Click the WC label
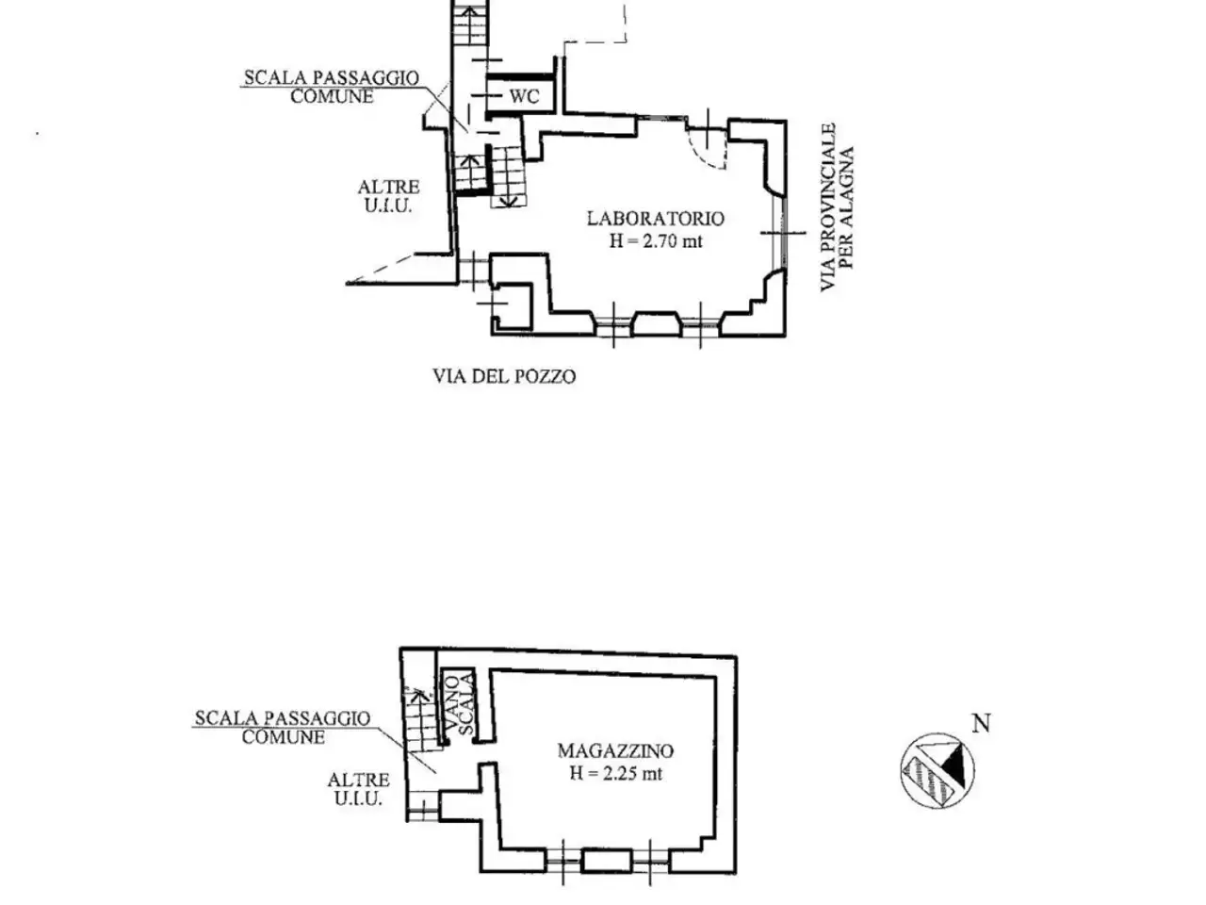[525, 96]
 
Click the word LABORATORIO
[656, 218]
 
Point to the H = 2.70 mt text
[656, 241]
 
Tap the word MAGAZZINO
[615, 750]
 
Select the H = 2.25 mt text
[615, 774]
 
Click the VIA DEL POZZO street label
[504, 376]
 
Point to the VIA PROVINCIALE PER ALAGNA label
[838, 207]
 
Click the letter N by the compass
[981, 723]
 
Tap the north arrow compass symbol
[937, 770]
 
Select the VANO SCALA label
[459, 705]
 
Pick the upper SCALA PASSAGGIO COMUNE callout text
[332, 87]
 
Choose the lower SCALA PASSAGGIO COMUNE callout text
[283, 727]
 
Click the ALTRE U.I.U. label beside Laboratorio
[388, 196]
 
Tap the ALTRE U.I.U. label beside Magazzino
[358, 788]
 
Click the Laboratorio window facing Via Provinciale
[780, 233]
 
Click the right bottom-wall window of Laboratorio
[701, 325]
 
